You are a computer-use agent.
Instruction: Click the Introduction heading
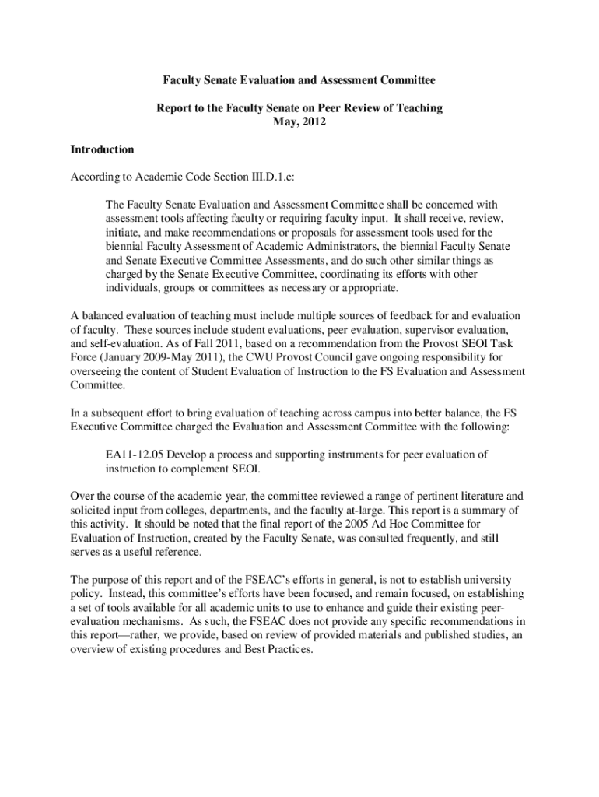(102, 149)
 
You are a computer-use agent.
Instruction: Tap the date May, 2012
(299, 122)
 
